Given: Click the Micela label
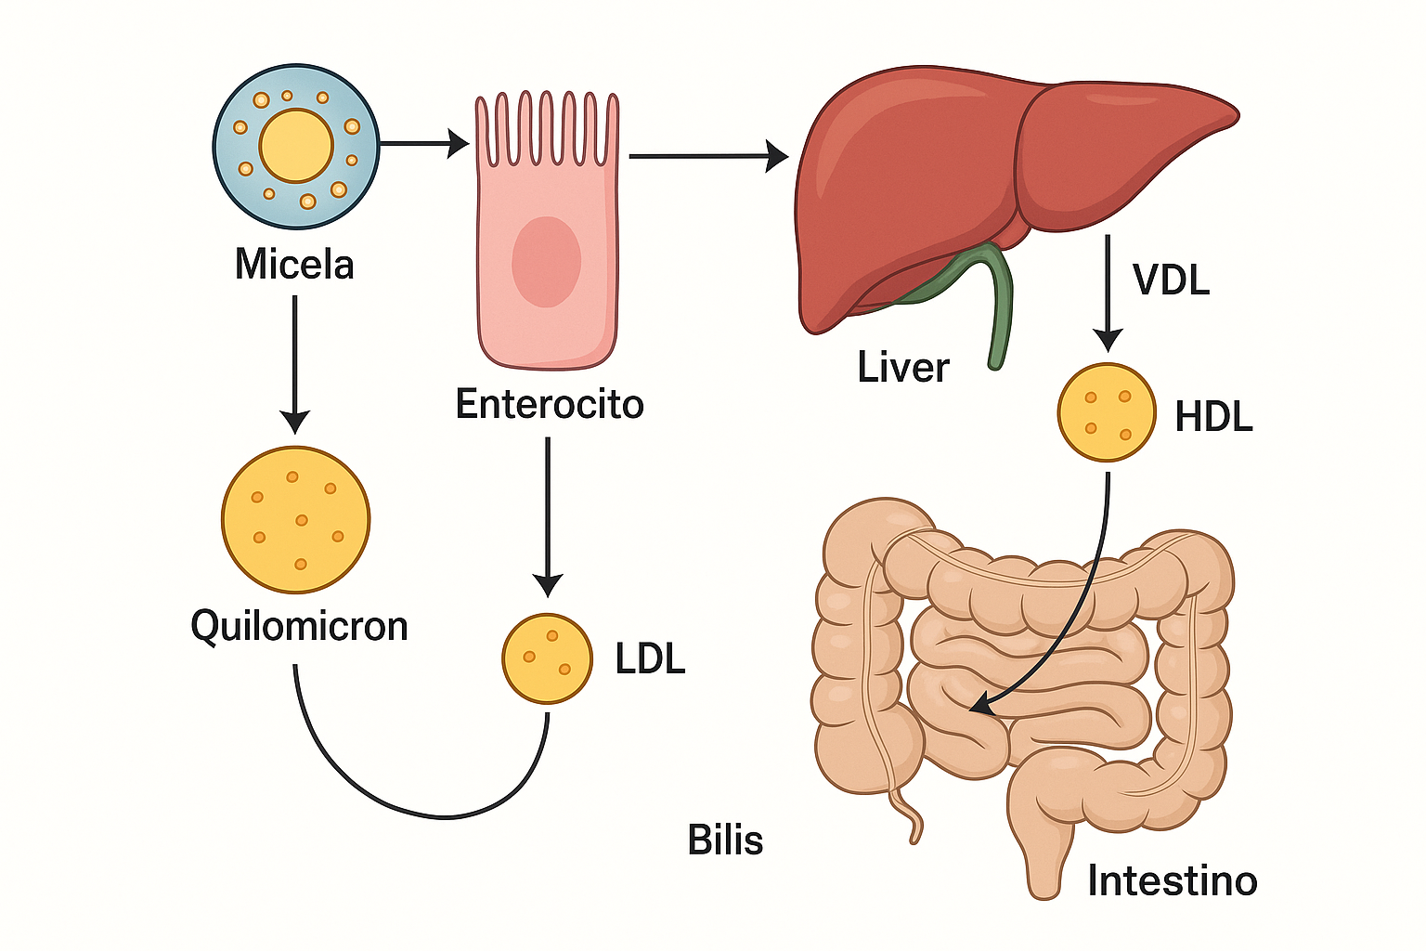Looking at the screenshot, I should [x=294, y=265].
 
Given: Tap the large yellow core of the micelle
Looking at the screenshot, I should [x=296, y=146].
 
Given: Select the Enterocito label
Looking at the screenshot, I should [x=550, y=404].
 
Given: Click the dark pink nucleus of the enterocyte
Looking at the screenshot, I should [x=546, y=262].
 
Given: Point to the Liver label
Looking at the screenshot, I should [x=902, y=368].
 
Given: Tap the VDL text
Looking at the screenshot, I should [x=1171, y=280].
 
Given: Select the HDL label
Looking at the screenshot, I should [x=1213, y=417].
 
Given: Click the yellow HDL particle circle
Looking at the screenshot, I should [x=1107, y=412].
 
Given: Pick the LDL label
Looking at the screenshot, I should [x=650, y=658].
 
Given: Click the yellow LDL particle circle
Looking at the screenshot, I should [x=547, y=658].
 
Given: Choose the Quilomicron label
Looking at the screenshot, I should [x=299, y=626].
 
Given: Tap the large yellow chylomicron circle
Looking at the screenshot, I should [x=296, y=520].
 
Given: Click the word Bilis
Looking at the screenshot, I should [x=725, y=840].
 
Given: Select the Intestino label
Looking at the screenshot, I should [x=1172, y=880].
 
